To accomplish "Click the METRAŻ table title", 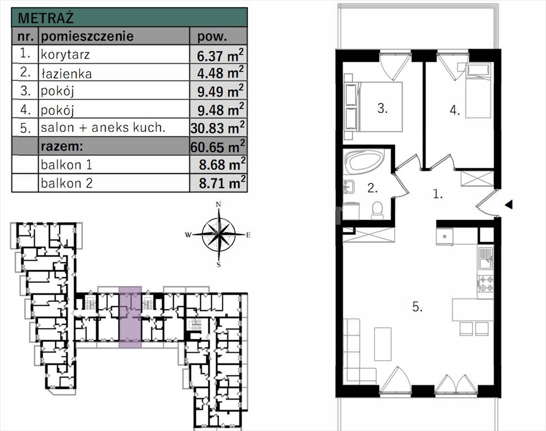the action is (x=46, y=18).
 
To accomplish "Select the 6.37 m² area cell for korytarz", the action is (x=220, y=54).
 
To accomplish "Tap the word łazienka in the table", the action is (x=66, y=74).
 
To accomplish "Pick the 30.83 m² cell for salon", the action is (x=217, y=127).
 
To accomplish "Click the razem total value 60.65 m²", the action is (x=217, y=146).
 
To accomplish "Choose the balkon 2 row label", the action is (x=66, y=183).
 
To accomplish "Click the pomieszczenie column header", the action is (x=87, y=36).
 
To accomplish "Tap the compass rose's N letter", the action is (x=219, y=204).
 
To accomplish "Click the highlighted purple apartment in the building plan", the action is (x=130, y=317).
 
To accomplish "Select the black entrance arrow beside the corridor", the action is (x=509, y=204).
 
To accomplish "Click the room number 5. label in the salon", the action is (x=417, y=307).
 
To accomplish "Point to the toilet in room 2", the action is (x=377, y=210).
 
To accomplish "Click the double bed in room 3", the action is (x=373, y=107).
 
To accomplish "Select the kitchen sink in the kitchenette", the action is (x=486, y=258).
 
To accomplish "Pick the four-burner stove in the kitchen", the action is (x=486, y=283).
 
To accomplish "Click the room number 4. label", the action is (x=455, y=110).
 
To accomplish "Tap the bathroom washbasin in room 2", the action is (x=349, y=186).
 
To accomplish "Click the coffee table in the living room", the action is (x=383, y=343).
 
